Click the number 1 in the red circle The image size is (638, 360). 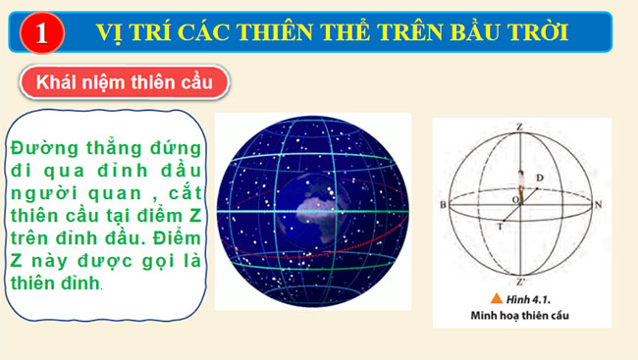click(x=39, y=33)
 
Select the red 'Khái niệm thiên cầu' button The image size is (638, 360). click(x=124, y=80)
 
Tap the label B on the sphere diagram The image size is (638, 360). click(x=445, y=205)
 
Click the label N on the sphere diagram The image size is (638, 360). click(x=598, y=205)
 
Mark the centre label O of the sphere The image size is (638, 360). click(x=511, y=200)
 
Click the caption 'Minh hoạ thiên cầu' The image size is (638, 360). click(x=521, y=313)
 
